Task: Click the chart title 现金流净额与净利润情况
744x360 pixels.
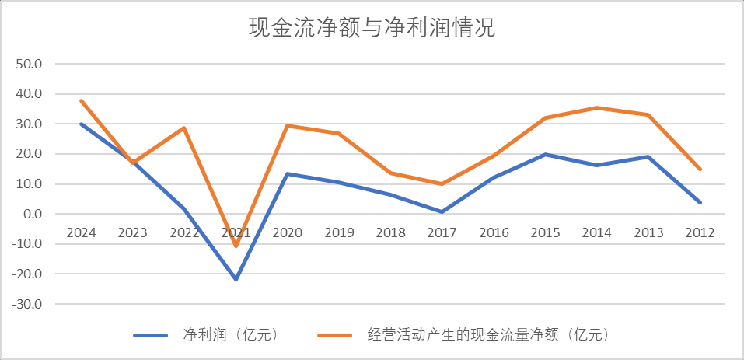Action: pos(372,29)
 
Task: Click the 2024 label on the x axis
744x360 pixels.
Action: pos(81,232)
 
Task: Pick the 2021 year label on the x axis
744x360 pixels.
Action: pos(236,232)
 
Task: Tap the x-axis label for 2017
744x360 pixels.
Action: pos(442,232)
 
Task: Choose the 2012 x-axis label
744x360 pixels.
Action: pos(700,232)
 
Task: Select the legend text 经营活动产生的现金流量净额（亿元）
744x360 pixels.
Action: pos(487,335)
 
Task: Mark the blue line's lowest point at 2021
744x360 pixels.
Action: pos(236,279)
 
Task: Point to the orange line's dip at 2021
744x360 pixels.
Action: pos(236,246)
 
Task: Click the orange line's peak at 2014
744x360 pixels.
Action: pos(597,107)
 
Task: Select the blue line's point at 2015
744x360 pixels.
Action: pos(545,154)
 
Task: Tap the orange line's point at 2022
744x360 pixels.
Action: pos(184,128)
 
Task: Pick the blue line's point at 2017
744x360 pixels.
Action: pos(442,211)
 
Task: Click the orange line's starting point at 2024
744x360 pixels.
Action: pos(81,100)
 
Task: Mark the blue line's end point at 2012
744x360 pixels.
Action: pos(700,202)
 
